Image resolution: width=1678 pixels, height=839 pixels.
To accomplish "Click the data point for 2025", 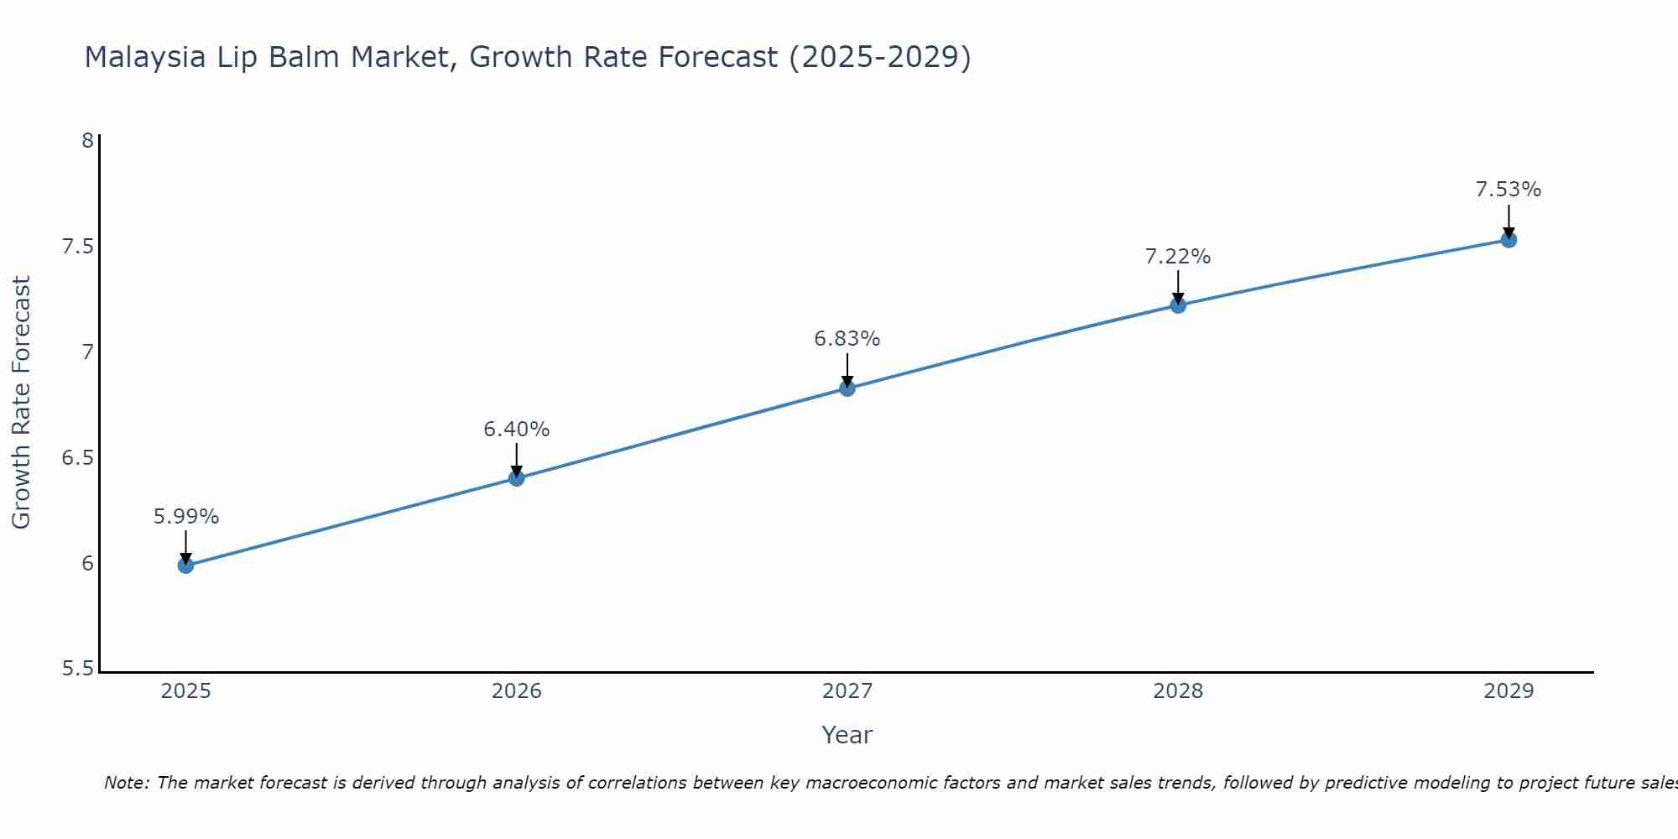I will coord(185,565).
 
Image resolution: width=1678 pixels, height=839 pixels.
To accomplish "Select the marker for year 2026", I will coord(516,478).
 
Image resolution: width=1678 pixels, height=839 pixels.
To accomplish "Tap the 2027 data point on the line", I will coord(847,388).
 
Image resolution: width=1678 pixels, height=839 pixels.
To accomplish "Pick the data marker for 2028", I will coord(1178,305).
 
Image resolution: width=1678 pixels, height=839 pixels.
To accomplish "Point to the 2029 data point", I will coord(1509,240).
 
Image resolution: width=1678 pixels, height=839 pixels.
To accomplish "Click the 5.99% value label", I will coord(185,517).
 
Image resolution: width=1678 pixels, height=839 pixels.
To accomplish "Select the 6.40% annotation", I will coord(516,430).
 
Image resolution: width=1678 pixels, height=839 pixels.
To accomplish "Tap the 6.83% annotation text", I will coord(847,339).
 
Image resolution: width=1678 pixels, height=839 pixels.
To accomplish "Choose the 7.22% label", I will coord(1178,257).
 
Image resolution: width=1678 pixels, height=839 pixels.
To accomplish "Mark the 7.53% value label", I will coord(1509,190).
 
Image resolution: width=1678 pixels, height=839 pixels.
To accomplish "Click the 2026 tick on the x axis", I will coord(516,691).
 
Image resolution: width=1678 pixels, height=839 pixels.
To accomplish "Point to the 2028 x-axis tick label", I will coord(1178,691).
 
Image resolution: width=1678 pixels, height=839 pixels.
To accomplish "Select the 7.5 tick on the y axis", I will coord(77,247).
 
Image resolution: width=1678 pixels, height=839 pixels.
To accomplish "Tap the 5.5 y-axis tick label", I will coord(77,670).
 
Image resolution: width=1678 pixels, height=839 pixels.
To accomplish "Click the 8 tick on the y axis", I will coord(87,141).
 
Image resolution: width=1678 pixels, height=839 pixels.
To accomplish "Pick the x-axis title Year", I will coord(847,735).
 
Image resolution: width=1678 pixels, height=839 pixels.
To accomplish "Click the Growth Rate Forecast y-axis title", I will coord(21,403).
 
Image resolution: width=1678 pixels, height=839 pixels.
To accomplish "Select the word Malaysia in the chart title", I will coord(145,57).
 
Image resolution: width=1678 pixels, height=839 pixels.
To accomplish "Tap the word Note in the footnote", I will coord(126,783).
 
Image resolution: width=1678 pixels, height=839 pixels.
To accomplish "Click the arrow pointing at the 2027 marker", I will coord(847,369).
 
